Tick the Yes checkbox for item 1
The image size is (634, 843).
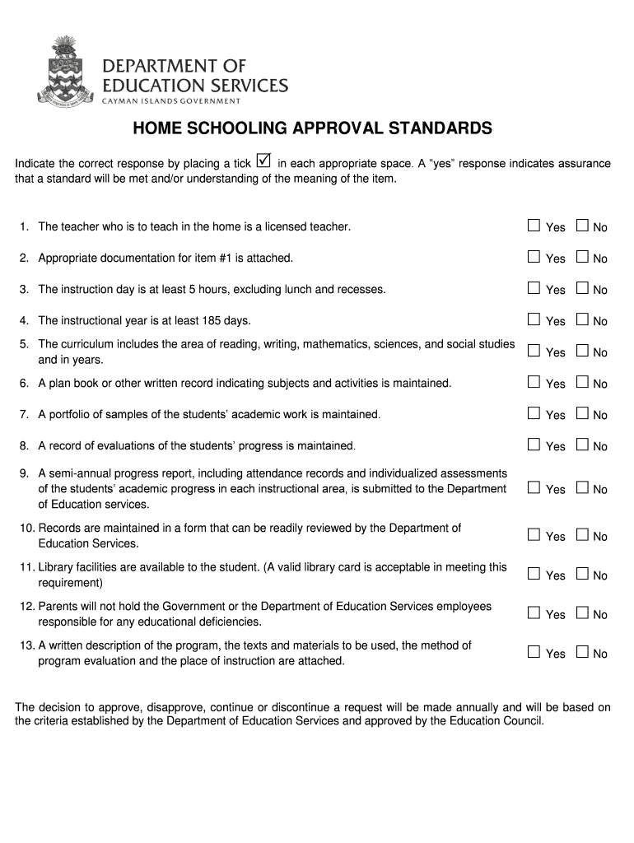(x=534, y=226)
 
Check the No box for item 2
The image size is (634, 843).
(x=583, y=257)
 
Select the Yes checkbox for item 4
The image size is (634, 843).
(x=534, y=319)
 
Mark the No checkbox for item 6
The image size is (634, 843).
(x=583, y=382)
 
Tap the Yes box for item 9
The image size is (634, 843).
(x=534, y=487)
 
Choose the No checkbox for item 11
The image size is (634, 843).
(x=583, y=574)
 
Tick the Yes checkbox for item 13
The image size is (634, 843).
(x=534, y=652)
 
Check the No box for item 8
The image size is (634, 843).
(x=583, y=445)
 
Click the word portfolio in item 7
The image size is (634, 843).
(x=72, y=414)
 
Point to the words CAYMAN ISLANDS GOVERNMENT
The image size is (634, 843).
(x=171, y=101)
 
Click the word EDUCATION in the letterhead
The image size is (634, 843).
(x=147, y=86)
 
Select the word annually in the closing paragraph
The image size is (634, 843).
(x=470, y=707)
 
